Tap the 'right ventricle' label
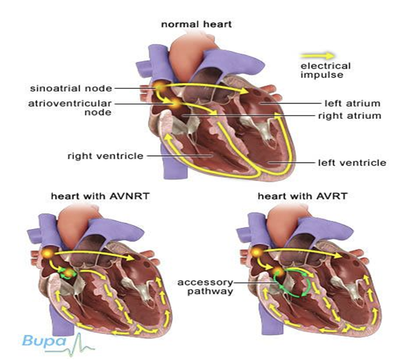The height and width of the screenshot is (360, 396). [105, 156]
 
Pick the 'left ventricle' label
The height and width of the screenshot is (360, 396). [352, 163]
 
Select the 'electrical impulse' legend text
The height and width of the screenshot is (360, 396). [326, 70]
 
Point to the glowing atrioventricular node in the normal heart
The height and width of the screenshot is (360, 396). [176, 104]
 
